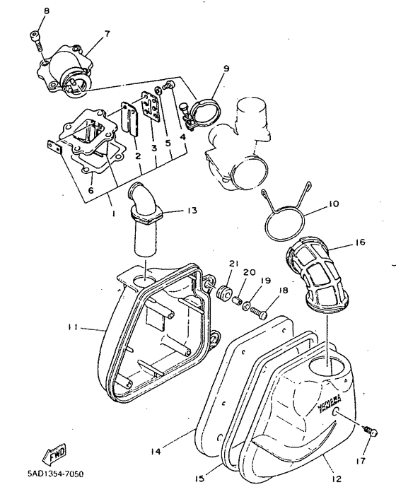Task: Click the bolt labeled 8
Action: [37, 41]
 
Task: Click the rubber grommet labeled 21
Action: [223, 292]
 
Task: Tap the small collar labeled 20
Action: [238, 300]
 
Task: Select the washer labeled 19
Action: [246, 306]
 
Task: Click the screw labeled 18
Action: [259, 312]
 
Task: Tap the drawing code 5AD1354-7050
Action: [56, 474]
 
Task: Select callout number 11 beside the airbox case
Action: [74, 327]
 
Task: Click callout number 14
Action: [156, 451]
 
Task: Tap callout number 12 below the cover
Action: [337, 479]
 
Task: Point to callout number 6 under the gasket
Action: [91, 189]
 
